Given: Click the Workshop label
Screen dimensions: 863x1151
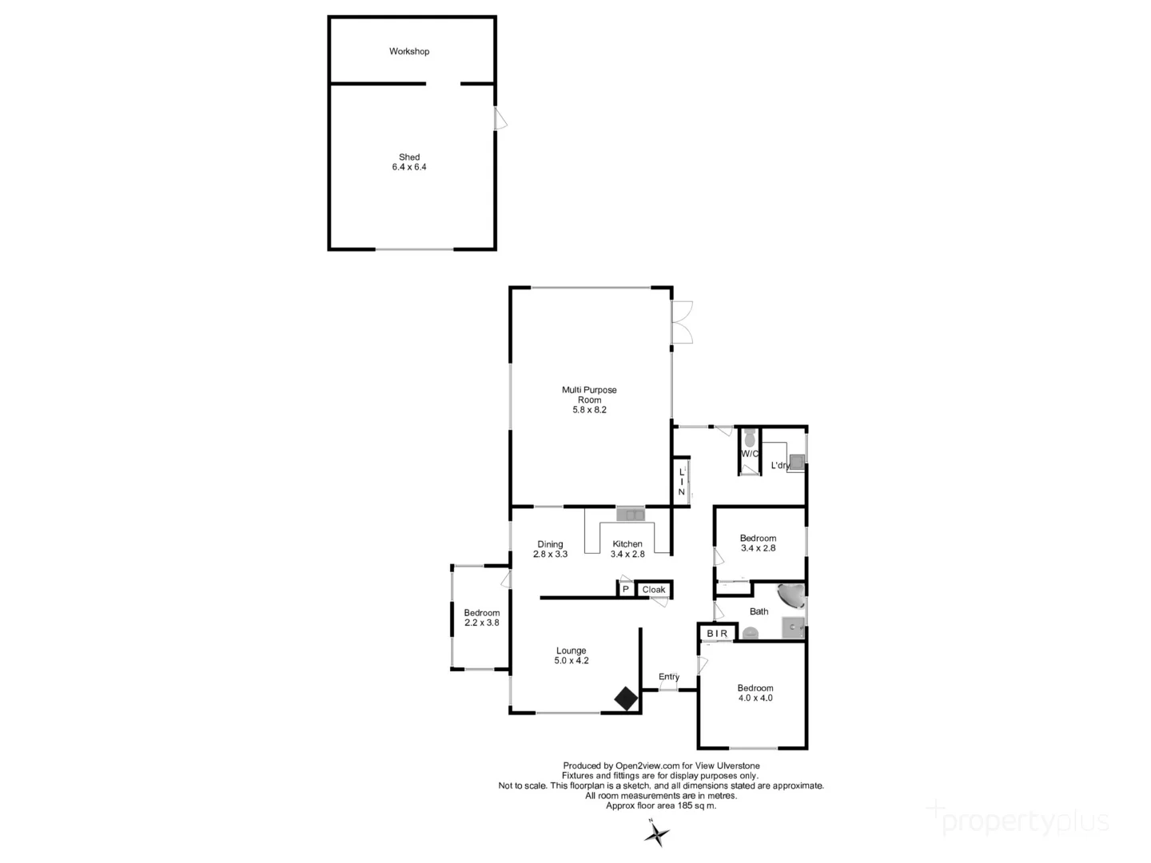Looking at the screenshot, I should click(409, 51).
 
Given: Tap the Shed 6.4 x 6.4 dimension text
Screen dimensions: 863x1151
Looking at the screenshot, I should click(409, 167).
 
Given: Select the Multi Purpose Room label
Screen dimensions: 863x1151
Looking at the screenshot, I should click(589, 395).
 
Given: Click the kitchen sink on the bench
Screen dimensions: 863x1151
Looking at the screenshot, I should click(631, 514).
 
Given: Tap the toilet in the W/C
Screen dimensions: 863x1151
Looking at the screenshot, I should click(750, 439).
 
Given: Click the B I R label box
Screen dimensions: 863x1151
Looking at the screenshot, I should click(717, 634).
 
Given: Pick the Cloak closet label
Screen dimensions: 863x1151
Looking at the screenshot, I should click(654, 590).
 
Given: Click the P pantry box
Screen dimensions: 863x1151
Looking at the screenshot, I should click(626, 590).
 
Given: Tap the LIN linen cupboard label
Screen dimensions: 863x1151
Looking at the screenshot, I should click(681, 482).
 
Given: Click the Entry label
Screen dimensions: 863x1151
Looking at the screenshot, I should click(669, 677).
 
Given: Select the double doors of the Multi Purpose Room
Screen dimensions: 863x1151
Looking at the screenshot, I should click(682, 322).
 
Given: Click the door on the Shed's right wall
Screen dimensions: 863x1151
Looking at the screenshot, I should click(500, 120).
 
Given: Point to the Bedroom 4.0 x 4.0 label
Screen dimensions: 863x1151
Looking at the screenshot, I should click(755, 693).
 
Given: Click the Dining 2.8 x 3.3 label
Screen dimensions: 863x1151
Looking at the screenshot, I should click(550, 549).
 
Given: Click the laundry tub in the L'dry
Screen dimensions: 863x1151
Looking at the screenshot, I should click(796, 460).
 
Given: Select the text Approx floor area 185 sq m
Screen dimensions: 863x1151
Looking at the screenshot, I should click(661, 805).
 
